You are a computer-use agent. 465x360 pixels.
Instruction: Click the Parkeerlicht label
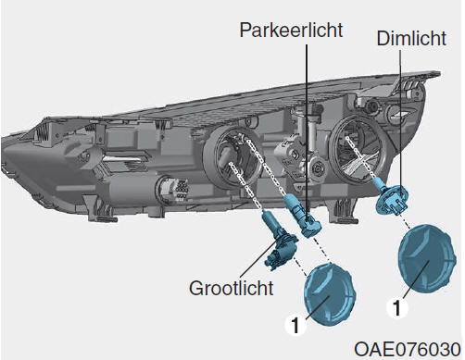click(x=291, y=30)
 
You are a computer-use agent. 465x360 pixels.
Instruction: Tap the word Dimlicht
click(x=411, y=38)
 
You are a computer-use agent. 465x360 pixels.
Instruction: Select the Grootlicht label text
click(x=232, y=288)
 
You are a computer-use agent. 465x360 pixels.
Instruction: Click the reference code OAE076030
click(x=408, y=350)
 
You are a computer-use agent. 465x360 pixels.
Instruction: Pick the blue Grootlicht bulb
click(x=279, y=239)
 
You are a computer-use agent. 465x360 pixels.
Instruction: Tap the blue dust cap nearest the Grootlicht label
click(x=330, y=294)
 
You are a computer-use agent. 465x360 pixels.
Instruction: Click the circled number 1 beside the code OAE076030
click(x=397, y=307)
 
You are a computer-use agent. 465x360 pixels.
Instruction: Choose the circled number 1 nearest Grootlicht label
click(x=295, y=325)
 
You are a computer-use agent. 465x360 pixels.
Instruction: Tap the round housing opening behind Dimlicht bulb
click(x=358, y=150)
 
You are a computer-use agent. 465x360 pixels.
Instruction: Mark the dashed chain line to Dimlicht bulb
click(x=360, y=159)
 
